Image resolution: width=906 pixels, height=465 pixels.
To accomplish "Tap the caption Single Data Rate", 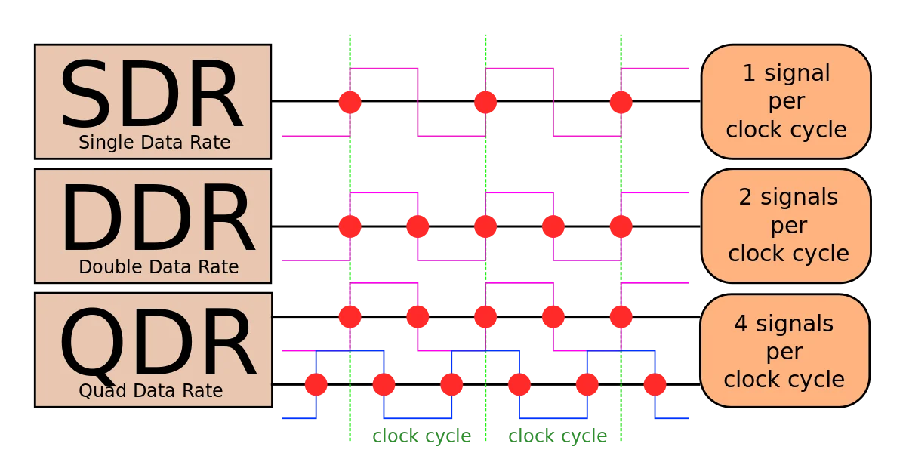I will tap(154, 142).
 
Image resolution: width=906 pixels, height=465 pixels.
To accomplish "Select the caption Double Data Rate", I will tap(159, 267).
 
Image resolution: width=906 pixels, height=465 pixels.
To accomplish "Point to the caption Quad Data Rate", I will tap(150, 391).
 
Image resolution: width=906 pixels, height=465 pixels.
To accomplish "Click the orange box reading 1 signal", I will tap(786, 101).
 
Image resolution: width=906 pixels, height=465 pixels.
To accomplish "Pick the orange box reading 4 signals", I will tap(784, 351).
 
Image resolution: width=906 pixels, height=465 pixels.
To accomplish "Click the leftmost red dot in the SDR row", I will tap(350, 101).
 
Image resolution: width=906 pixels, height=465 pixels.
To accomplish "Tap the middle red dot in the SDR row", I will tap(485, 101).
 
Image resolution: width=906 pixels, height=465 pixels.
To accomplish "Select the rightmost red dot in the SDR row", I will tap(621, 101).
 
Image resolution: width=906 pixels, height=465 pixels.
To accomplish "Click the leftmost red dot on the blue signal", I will tap(316, 385).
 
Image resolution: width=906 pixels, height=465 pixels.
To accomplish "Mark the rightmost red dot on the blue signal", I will tap(654, 385).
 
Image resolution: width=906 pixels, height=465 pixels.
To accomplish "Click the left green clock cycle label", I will tap(421, 436).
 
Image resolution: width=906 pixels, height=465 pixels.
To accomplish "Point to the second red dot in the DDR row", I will tap(418, 226).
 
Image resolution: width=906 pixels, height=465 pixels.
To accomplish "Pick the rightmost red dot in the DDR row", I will tap(621, 226).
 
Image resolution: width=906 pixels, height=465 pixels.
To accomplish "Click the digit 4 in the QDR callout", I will tap(741, 324).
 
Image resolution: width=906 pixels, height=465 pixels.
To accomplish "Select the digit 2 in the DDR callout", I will tap(745, 197).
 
